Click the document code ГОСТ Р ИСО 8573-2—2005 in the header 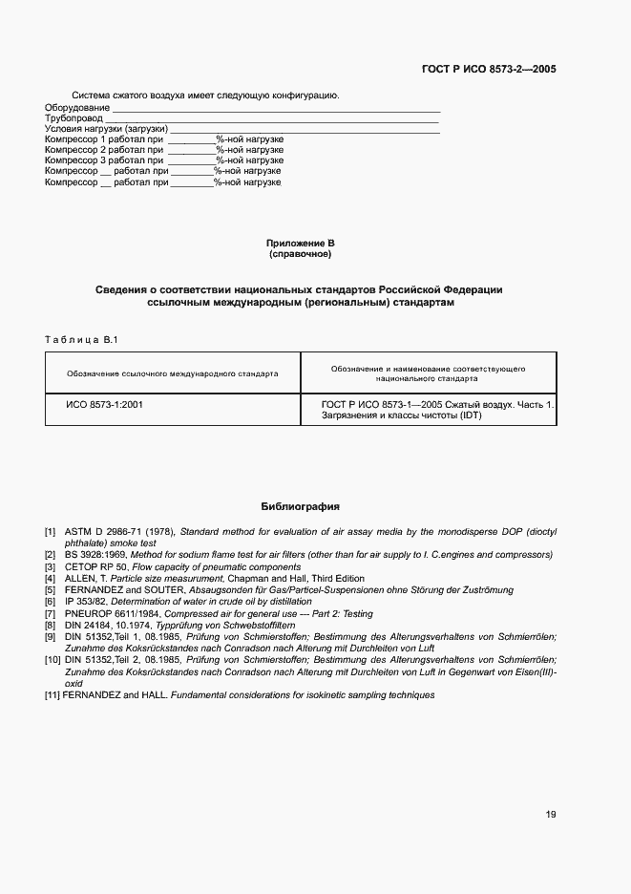(489, 70)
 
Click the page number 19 (551, 815)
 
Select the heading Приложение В (301, 244)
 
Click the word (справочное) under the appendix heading (301, 255)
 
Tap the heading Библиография (301, 506)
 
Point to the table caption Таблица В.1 (81, 339)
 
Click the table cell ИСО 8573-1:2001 (105, 404)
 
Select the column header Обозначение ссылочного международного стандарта (173, 373)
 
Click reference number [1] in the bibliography (51, 530)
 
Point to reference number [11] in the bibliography (53, 694)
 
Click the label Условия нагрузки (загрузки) (107, 129)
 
